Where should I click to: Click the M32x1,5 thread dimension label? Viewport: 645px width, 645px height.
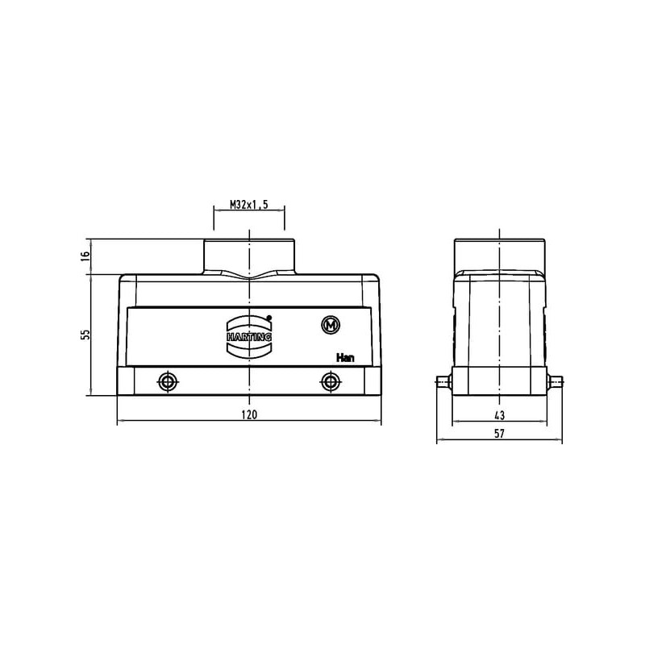coord(249,205)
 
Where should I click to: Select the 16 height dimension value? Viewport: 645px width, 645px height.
coord(85,256)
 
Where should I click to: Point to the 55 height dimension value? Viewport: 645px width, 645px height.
coord(85,335)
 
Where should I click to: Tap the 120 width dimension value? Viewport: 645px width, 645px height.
coord(249,414)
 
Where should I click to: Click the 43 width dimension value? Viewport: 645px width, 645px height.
coord(499,415)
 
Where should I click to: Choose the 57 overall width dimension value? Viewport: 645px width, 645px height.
coord(499,434)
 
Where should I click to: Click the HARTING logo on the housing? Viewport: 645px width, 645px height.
coord(249,336)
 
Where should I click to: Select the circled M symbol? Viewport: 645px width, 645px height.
coord(331,326)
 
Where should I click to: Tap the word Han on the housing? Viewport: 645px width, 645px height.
coord(345,358)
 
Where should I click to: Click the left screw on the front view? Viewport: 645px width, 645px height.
coord(168,382)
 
